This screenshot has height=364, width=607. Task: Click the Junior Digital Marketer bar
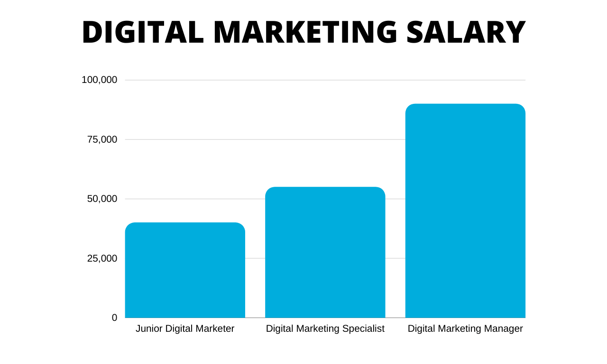coord(185,270)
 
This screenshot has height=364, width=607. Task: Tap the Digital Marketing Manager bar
coord(465,211)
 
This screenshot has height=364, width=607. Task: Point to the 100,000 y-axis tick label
coord(100,80)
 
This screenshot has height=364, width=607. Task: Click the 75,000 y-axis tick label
coord(102,139)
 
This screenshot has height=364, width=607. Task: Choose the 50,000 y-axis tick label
coord(102,199)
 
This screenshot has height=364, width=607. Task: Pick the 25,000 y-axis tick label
coord(102,258)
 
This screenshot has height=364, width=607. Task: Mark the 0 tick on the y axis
coord(114,318)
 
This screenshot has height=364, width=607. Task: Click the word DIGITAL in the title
coord(143,33)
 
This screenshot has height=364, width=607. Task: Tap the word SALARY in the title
coord(466,33)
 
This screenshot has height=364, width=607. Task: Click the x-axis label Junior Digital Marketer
coord(185,328)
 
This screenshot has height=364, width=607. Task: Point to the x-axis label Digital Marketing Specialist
coord(325,328)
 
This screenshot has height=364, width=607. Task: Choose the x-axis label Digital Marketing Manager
coord(465,328)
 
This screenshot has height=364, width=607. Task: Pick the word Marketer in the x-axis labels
coord(216,328)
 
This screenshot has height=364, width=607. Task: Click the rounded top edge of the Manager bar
coord(465,105)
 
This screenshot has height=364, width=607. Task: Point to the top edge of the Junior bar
coord(185,223)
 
